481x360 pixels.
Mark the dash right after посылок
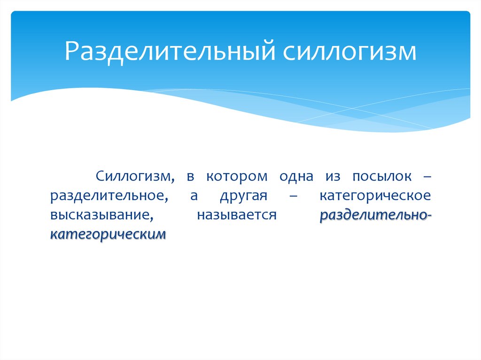coord(426,177)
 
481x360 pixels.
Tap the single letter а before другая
coord(194,196)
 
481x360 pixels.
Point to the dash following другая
coord(294,196)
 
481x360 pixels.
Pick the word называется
coord(236,215)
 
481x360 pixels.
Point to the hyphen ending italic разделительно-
coord(427,216)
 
